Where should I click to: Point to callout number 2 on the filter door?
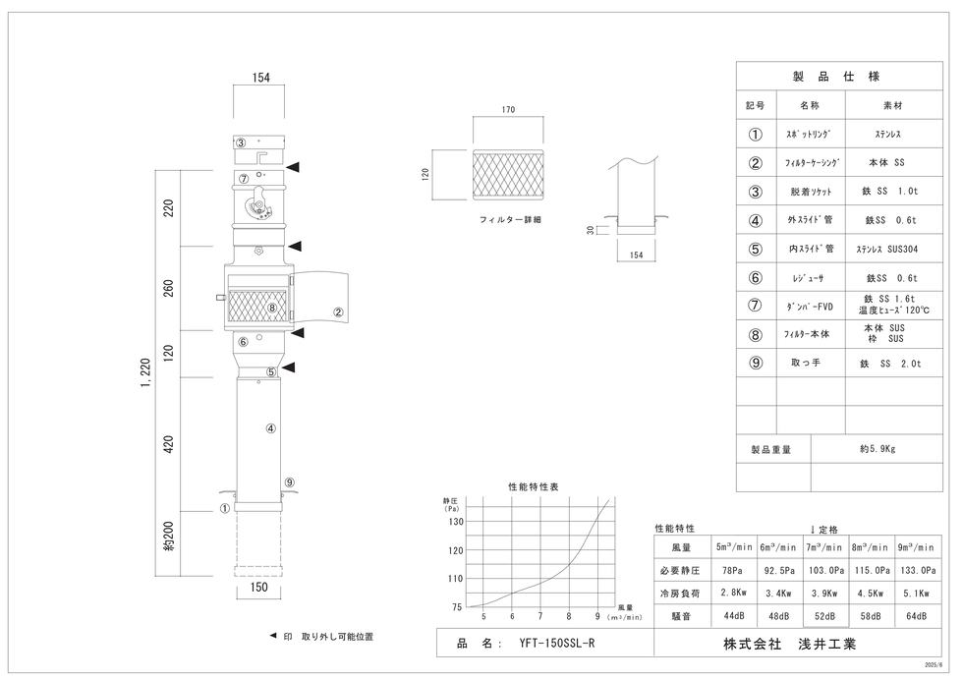[x=337, y=313]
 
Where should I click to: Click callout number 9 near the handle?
[x=289, y=482]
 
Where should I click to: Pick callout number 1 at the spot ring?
[x=225, y=508]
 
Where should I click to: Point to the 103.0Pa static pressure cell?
[x=824, y=570]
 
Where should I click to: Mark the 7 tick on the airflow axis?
[x=539, y=617]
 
